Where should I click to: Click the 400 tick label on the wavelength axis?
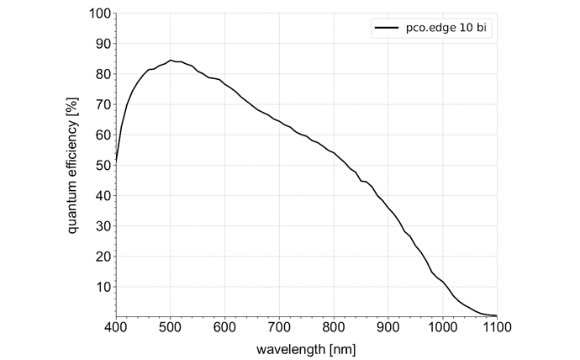115,327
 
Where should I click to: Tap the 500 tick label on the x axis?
170,327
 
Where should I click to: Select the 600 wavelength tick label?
224,327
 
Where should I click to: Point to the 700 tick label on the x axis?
279,327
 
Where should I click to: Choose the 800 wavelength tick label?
334,327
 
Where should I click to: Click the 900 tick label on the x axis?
388,327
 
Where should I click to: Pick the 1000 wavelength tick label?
442,327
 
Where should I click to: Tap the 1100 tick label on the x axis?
496,327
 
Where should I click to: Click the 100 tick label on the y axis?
99,13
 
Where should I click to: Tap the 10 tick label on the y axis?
103,287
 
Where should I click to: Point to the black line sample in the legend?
386,28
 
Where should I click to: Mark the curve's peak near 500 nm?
170,61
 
